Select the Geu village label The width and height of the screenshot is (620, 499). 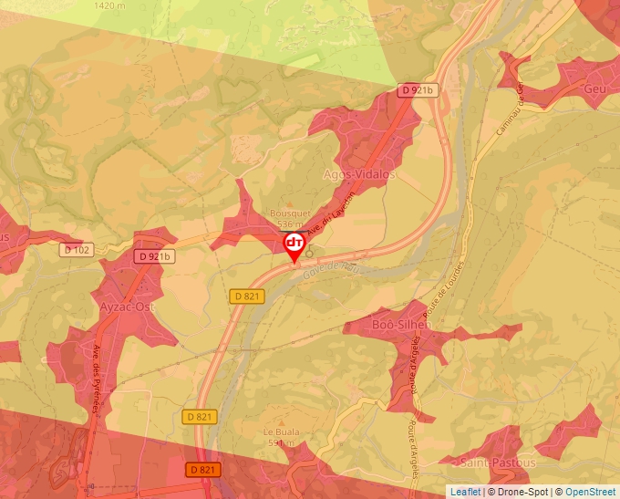pos(595,88)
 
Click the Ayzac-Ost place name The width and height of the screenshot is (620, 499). pos(127,307)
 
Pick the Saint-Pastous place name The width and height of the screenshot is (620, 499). pos(497,463)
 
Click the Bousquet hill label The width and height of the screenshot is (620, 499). pos(288,214)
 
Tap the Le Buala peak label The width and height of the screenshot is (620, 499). pos(281,432)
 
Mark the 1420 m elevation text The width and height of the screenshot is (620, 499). pos(110,5)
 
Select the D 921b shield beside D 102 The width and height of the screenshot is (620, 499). pos(153,256)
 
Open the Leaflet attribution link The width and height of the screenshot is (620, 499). pos(465,492)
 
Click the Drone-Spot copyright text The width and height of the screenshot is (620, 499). pos(518,492)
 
